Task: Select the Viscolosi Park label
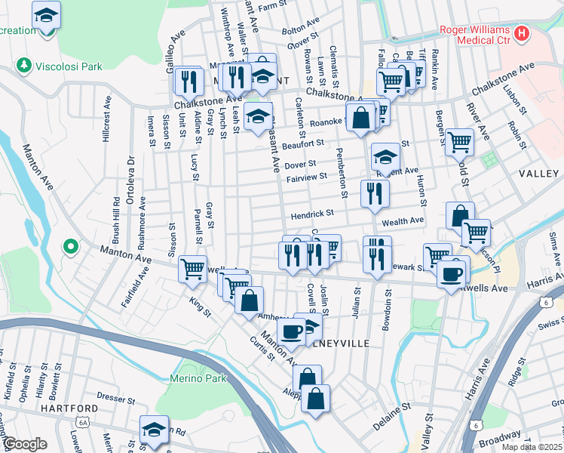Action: click(72, 66)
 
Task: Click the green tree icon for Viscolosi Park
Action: click(25, 66)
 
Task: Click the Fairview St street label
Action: click(307, 177)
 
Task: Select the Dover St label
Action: click(300, 163)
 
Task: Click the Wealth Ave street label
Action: click(403, 220)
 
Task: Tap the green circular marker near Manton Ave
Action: click(70, 246)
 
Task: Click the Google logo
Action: click(26, 444)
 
